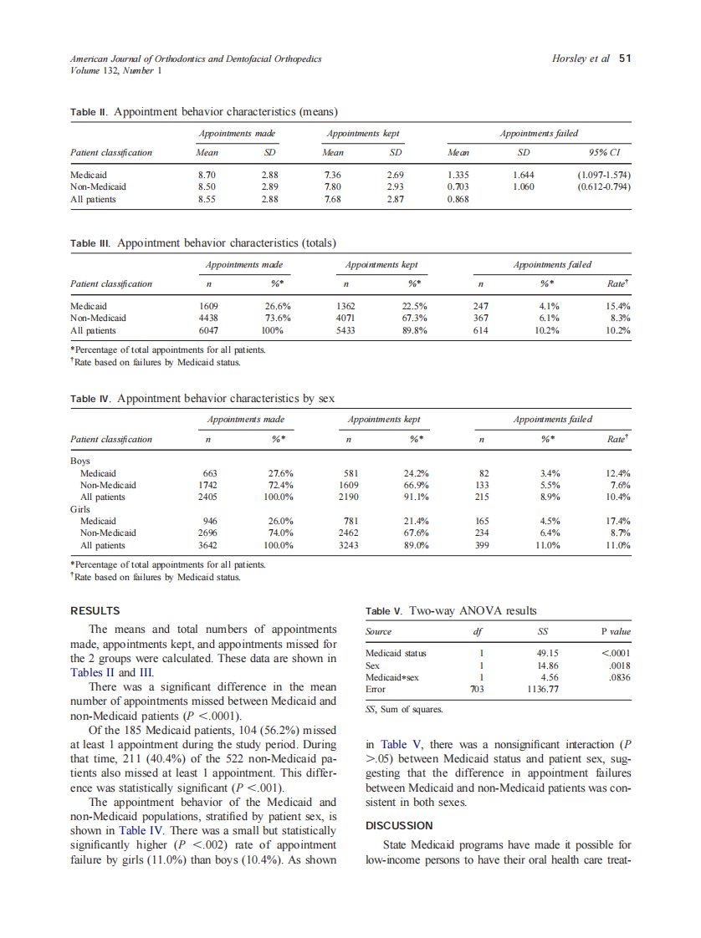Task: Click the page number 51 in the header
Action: pos(624,59)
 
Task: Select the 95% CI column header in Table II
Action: pos(603,153)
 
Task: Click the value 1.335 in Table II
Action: pos(458,175)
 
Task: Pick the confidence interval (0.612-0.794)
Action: pos(603,186)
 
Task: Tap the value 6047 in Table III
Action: pos(207,330)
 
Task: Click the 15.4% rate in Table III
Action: pos(617,306)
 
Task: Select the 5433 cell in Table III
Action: pos(345,330)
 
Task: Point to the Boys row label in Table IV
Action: pos(80,461)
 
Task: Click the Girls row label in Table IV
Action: pos(81,508)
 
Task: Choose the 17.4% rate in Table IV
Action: pos(617,521)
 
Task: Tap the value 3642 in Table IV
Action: pos(207,545)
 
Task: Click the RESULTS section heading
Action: pos(95,611)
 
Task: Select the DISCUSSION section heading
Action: pos(400,826)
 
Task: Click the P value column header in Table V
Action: pos(615,632)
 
